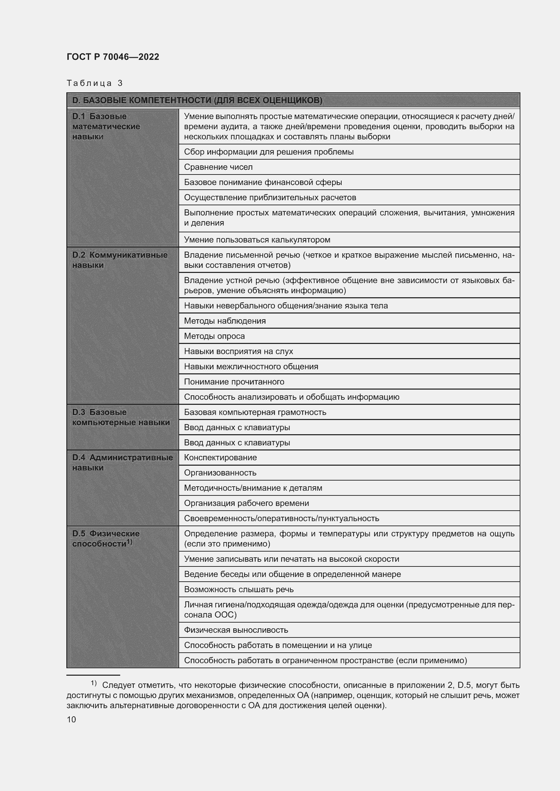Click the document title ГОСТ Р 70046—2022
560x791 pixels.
[113, 57]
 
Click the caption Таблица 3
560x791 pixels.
[94, 83]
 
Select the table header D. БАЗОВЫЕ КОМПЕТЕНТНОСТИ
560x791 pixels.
[197, 100]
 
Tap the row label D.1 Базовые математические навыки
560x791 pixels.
[106, 126]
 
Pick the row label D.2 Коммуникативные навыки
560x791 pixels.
[120, 260]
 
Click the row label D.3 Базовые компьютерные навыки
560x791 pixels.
[121, 417]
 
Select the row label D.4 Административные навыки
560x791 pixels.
[122, 462]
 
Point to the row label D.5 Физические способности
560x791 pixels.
[106, 538]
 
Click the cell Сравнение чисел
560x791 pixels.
[218, 167]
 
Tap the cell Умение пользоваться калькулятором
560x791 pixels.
[257, 240]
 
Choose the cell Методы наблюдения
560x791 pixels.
[225, 321]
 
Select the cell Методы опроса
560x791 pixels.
[214, 336]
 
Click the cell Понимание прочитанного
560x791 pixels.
[234, 382]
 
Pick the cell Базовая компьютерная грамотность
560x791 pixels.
[255, 412]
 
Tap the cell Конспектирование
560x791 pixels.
[220, 458]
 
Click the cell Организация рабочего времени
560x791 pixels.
[246, 503]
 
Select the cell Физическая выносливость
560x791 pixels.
[236, 630]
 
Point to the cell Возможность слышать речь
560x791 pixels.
[239, 589]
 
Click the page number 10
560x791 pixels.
[71, 720]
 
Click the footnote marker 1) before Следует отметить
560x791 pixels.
[93, 683]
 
